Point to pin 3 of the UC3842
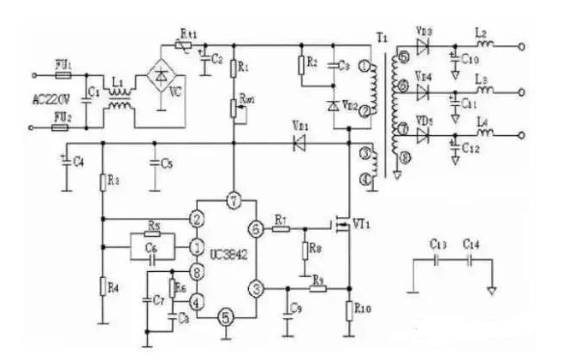[x=255, y=287]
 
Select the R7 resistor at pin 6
[x=282, y=228]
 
